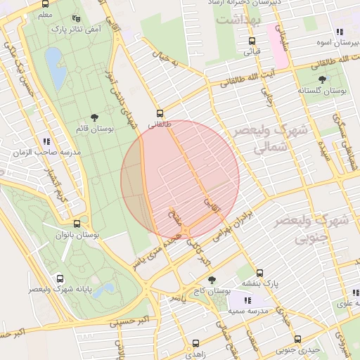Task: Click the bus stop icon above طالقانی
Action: click(160, 112)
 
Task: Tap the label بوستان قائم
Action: click(94, 129)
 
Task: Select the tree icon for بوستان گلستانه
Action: click(322, 79)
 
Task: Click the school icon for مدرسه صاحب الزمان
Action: click(46, 141)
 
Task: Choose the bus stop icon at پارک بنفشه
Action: click(259, 273)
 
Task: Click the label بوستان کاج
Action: click(216, 290)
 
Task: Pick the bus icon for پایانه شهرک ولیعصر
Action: click(60, 278)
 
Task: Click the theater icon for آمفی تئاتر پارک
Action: click(76, 19)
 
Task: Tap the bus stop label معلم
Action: click(44, 14)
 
